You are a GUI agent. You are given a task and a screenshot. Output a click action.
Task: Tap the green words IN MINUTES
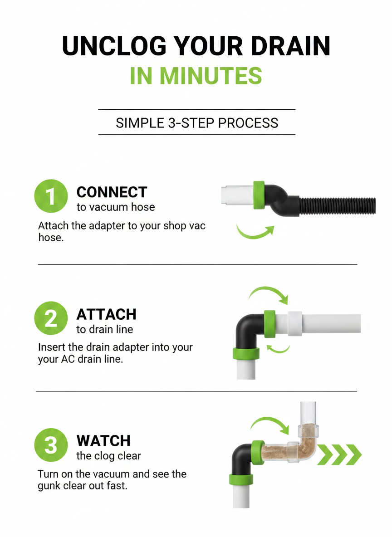(196, 76)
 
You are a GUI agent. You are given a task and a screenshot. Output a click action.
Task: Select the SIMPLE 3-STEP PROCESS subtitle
(197, 123)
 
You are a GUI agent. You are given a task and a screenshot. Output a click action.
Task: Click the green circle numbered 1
(51, 196)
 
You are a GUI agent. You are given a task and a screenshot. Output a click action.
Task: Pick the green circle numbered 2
(51, 318)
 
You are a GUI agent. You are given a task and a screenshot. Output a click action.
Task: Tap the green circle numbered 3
(51, 445)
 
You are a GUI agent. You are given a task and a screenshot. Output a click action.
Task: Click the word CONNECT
(112, 192)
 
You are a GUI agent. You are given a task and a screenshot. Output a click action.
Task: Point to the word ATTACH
(106, 314)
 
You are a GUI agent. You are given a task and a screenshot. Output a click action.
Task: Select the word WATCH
(103, 441)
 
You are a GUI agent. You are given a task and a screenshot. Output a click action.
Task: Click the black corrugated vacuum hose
(338, 206)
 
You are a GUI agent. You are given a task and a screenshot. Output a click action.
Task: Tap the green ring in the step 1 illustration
(259, 195)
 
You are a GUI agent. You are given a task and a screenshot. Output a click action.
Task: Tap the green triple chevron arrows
(339, 455)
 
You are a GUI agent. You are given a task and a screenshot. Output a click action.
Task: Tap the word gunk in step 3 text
(51, 486)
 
